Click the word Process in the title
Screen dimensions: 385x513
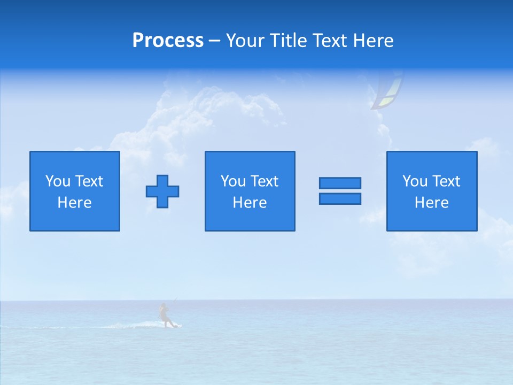click(x=168, y=41)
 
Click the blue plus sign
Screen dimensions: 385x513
click(x=162, y=191)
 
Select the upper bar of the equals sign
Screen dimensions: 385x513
click(x=340, y=183)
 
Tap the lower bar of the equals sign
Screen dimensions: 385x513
click(x=340, y=198)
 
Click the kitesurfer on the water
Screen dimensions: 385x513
click(x=165, y=315)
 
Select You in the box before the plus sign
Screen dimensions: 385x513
click(x=58, y=181)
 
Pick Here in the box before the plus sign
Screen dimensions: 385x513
click(x=74, y=203)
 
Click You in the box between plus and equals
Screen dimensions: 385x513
click(x=233, y=181)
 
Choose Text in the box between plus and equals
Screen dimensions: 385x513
click(x=263, y=181)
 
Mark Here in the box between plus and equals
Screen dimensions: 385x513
click(x=250, y=203)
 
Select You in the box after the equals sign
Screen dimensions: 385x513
click(x=415, y=181)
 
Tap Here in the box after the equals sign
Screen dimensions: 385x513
click(x=431, y=203)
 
